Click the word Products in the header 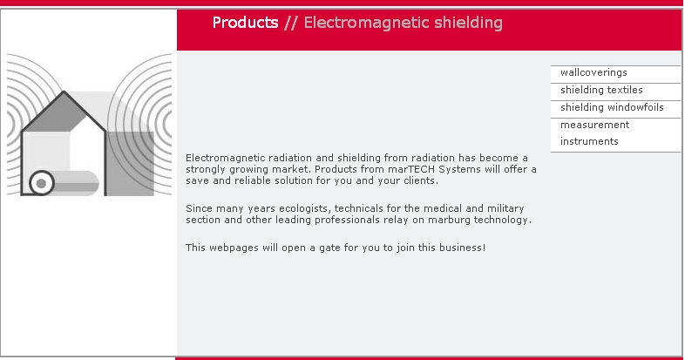click(245, 23)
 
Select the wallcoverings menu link click(593, 72)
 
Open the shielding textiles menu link click(601, 90)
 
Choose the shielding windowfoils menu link click(612, 107)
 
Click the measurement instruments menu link click(595, 132)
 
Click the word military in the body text click(505, 208)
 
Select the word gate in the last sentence click(329, 248)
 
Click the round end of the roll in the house click(42, 183)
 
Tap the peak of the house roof click(64, 92)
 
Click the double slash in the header click(290, 23)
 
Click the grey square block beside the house click(130, 163)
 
